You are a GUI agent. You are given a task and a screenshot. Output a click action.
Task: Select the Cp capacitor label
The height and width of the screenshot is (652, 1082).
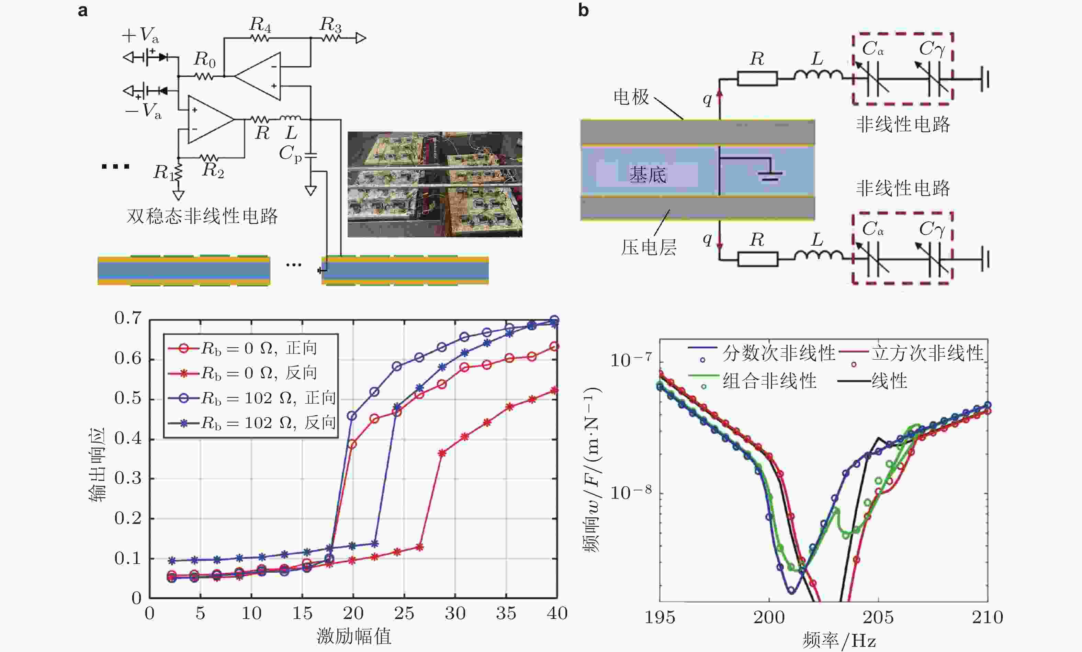[290, 153]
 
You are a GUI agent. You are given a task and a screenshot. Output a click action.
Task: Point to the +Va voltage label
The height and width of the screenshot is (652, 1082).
[140, 35]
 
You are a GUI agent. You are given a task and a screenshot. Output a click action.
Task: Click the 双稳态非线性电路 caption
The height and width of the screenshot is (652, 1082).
[202, 216]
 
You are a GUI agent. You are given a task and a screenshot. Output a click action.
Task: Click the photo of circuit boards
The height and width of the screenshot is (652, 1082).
[435, 184]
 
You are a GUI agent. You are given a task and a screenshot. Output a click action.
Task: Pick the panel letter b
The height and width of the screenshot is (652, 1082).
[583, 10]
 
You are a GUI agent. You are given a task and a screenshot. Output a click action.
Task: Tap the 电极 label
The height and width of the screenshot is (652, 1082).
[631, 97]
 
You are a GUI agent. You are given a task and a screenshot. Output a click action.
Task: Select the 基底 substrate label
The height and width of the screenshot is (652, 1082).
[648, 175]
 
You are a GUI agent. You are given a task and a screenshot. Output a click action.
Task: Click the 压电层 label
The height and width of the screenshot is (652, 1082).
[649, 248]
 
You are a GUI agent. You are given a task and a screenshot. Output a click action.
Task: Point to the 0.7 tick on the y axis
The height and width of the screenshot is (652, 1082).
[128, 318]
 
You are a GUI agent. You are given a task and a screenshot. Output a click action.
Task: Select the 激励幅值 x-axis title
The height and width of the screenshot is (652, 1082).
[354, 636]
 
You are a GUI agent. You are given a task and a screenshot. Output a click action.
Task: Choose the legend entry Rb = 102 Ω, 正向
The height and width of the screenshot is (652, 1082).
[268, 398]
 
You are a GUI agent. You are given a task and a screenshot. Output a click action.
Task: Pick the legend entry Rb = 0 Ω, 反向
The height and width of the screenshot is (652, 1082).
[259, 373]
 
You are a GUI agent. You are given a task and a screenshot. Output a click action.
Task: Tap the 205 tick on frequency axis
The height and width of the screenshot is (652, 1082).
[878, 617]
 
